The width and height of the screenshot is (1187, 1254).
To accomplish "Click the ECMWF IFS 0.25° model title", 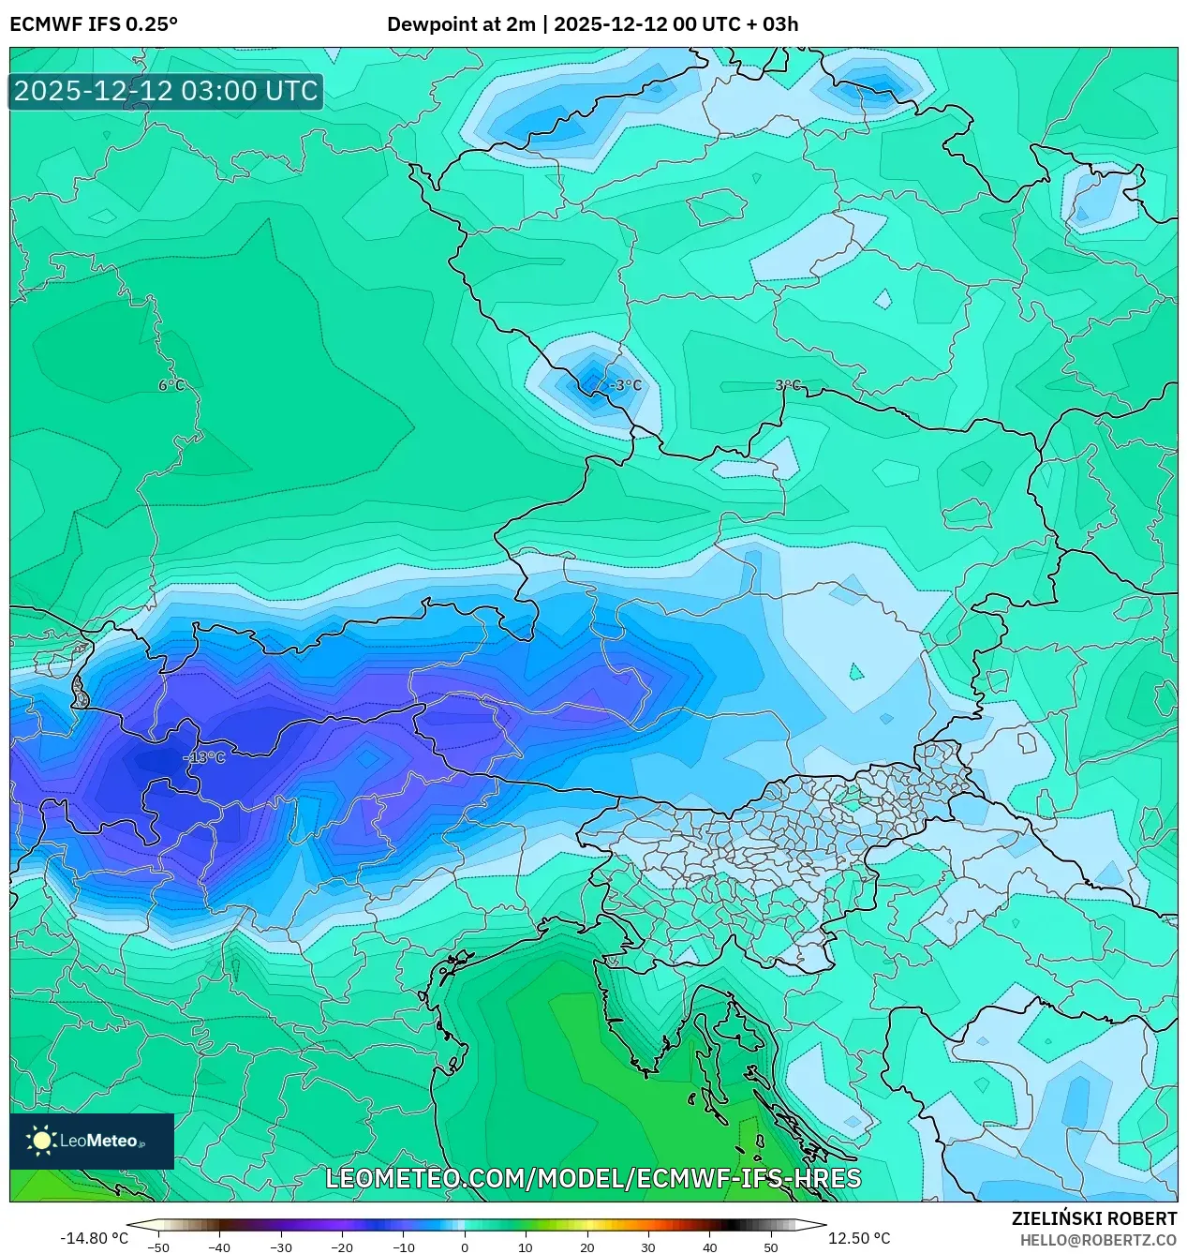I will pos(94,24).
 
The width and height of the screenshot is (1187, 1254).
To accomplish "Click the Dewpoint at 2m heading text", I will pos(460,24).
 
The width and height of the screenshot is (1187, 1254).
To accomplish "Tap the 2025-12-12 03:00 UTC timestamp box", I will pos(166,92).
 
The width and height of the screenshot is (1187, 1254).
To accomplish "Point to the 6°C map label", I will pos(171,385).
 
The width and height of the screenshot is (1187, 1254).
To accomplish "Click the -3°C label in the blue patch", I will pos(625,385).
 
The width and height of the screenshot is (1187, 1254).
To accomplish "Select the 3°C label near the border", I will pos(788,385).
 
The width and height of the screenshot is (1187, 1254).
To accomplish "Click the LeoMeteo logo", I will pos(92,1141).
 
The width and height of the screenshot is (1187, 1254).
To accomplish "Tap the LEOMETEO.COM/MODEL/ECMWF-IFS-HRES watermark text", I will pos(593,1178).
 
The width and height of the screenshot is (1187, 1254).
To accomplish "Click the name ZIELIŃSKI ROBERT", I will pos(1093,1218).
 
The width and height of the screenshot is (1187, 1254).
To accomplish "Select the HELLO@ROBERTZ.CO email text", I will pos(1097,1240).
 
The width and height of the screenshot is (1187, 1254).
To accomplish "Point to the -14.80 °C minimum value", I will pos(94,1238).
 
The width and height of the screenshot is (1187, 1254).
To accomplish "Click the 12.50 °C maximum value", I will pos(859,1238).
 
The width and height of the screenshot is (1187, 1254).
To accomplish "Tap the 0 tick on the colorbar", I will pos(465,1247).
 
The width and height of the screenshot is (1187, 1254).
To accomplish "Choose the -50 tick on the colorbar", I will pos(158,1247).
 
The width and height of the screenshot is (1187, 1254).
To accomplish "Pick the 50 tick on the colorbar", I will pos(771,1247).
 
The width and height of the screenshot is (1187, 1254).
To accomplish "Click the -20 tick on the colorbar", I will pos(342,1247).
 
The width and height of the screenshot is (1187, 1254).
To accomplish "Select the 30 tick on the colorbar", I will pos(648,1247).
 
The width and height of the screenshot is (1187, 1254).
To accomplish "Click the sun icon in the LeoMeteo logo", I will pos(41,1141).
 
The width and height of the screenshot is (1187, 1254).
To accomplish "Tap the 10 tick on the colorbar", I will pos(526,1247).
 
